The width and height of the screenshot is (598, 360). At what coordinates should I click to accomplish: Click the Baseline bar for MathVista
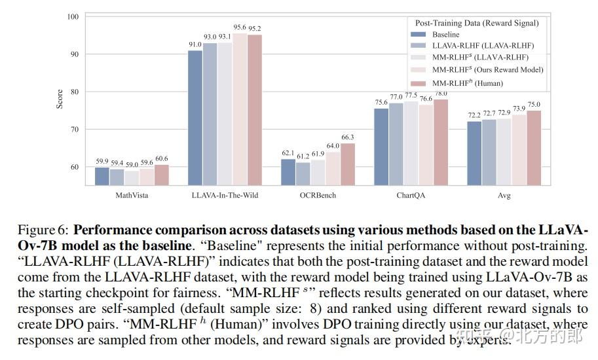tap(102, 176)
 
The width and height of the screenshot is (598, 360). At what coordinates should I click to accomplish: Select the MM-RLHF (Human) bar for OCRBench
tap(347, 164)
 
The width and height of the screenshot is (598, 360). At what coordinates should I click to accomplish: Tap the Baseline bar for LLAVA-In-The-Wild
tap(195, 118)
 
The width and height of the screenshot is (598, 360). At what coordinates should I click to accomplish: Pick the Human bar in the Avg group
tap(534, 148)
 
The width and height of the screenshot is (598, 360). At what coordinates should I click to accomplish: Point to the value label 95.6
tap(240, 27)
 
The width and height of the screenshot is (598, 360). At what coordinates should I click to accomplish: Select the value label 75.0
tap(534, 105)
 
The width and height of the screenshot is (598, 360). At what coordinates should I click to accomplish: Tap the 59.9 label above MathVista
tap(102, 162)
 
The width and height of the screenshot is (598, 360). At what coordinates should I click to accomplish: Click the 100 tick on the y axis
tap(72, 16)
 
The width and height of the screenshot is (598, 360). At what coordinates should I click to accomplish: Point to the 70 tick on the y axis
tap(74, 130)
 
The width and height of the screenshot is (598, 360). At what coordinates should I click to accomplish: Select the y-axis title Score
tap(60, 99)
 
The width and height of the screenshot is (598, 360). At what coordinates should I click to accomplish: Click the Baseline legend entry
tap(446, 35)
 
